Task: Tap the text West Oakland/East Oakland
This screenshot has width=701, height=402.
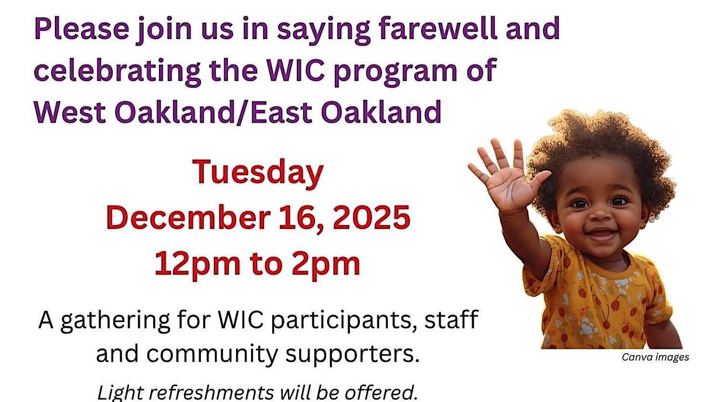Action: point(237,111)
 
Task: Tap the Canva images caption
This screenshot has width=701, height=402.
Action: point(655,358)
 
